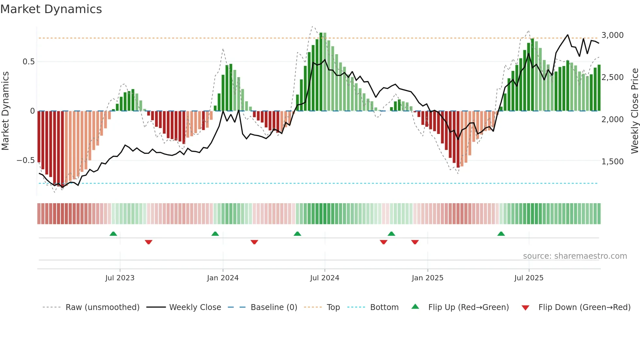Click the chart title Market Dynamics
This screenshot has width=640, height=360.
click(51, 9)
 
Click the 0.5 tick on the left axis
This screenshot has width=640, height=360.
click(28, 62)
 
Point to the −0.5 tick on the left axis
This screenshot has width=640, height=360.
click(25, 160)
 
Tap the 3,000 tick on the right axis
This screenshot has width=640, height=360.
click(612, 35)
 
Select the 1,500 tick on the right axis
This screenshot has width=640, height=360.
click(612, 162)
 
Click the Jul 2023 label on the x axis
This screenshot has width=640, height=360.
click(120, 278)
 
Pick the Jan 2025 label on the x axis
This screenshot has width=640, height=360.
click(427, 278)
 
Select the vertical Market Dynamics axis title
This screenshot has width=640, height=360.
click(5, 111)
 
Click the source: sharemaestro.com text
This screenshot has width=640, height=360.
click(575, 256)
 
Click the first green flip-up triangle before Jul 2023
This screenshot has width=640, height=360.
click(113, 234)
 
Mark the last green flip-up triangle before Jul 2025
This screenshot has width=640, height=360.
click(501, 234)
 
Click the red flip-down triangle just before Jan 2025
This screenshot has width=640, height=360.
click(415, 242)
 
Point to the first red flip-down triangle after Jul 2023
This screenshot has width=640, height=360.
click(149, 242)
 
